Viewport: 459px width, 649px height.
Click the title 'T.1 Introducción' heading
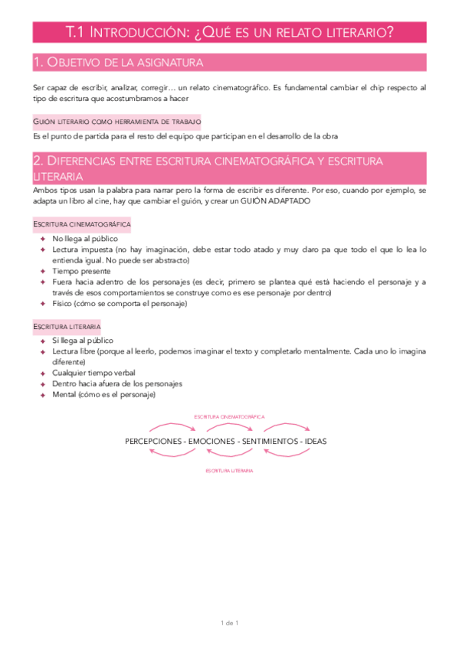pyautogui.click(x=230, y=32)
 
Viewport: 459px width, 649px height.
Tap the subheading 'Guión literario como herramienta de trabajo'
pyautogui.click(x=116, y=121)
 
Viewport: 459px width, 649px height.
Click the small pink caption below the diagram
pyautogui.click(x=229, y=471)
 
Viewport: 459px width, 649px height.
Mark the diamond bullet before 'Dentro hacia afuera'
pyautogui.click(x=44, y=383)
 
